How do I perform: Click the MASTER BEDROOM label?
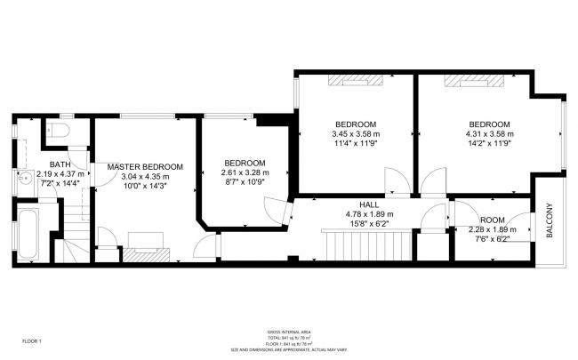(x=145, y=167)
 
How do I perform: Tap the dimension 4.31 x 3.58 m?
(x=490, y=134)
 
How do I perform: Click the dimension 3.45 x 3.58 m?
(x=355, y=134)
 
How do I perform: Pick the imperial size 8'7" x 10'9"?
(x=245, y=182)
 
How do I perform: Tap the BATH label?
(x=60, y=164)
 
